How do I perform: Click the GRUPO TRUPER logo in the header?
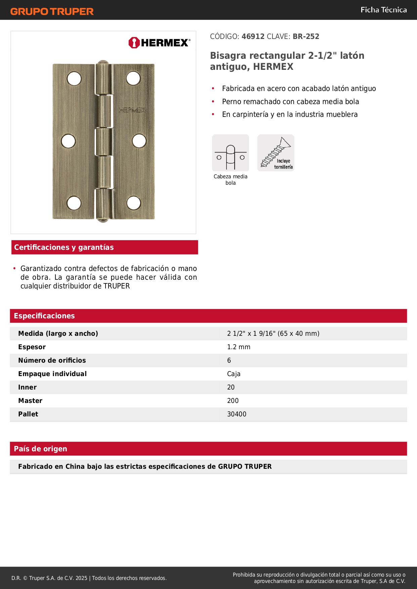click(52, 11)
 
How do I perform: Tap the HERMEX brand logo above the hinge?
click(159, 43)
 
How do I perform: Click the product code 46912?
click(253, 36)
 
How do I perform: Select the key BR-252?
click(306, 36)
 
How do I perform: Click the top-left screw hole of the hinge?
click(74, 79)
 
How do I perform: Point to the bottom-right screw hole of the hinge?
click(133, 203)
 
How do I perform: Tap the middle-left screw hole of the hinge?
click(68, 141)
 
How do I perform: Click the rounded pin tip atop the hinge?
click(103, 62)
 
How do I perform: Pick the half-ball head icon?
click(231, 153)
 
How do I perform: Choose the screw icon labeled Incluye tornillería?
click(276, 153)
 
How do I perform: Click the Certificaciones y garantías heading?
click(64, 247)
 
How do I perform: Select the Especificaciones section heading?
click(44, 316)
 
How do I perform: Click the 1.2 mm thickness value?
click(239, 347)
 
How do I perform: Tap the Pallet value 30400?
click(237, 414)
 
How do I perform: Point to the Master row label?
click(30, 401)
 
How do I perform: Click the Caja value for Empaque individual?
click(234, 374)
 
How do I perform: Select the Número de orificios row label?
click(52, 361)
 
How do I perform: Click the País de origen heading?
click(40, 449)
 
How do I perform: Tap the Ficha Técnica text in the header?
click(383, 10)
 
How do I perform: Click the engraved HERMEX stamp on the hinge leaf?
click(132, 110)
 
